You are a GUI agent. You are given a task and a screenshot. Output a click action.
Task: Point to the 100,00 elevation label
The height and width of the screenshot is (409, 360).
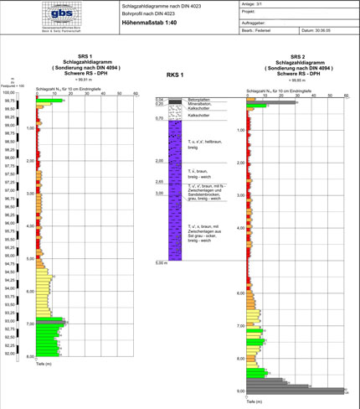pos(13,93)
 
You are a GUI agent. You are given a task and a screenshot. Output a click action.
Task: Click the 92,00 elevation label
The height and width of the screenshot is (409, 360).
pos(12,354)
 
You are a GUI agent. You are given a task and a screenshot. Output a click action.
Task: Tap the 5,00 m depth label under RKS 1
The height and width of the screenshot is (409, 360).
pos(162,263)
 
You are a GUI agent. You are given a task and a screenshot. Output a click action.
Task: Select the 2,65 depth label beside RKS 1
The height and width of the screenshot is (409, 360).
pos(158,181)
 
